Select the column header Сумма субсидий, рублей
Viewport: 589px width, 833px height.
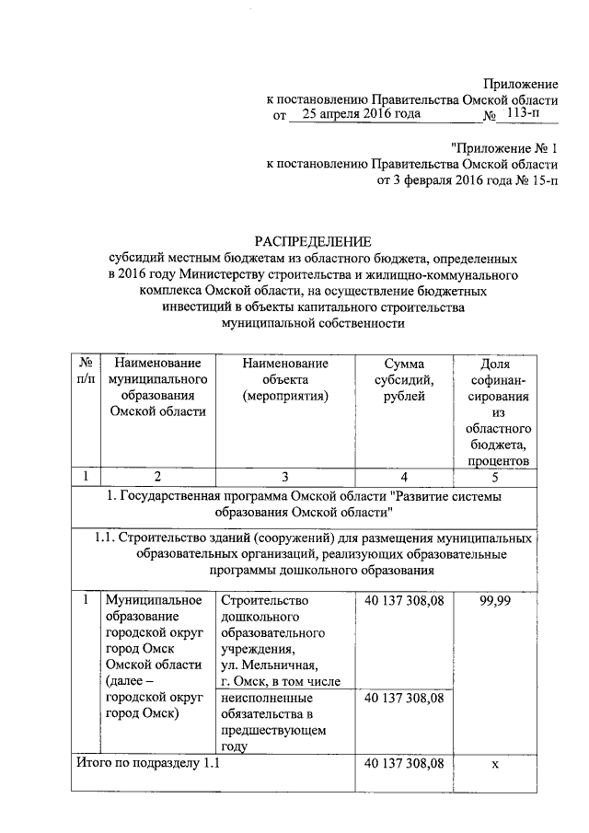pyautogui.click(x=405, y=380)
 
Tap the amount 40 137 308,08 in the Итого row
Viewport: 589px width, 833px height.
pyautogui.click(x=405, y=764)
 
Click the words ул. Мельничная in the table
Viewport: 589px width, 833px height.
pyautogui.click(x=270, y=665)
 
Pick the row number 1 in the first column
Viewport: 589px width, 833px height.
pyautogui.click(x=85, y=600)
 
